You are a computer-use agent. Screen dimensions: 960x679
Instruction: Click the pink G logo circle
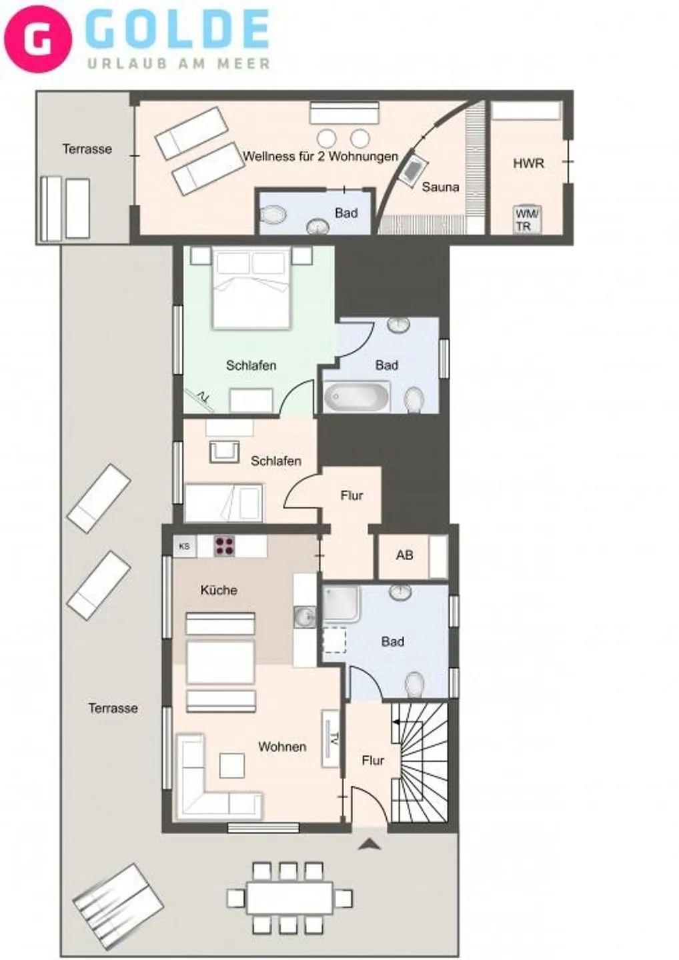click(x=37, y=39)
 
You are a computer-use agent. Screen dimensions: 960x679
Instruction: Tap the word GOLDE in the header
click(x=177, y=31)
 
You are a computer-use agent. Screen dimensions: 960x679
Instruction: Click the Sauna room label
click(x=440, y=187)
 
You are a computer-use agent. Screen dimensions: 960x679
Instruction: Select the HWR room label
click(x=528, y=163)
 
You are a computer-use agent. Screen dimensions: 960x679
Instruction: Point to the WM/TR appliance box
click(x=526, y=219)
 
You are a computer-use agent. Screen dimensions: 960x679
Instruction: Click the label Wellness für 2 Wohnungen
click(x=320, y=157)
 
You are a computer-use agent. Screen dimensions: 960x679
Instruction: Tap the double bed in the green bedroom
click(x=252, y=288)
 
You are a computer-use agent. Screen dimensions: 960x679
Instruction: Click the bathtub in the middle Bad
click(x=356, y=397)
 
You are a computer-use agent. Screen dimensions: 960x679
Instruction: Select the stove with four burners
click(x=225, y=546)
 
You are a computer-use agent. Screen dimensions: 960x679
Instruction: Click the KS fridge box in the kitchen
click(x=185, y=546)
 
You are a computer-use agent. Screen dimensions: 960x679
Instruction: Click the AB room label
click(x=404, y=555)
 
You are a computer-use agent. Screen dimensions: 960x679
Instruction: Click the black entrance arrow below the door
click(x=369, y=845)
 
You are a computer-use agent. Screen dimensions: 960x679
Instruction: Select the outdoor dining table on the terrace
click(x=289, y=897)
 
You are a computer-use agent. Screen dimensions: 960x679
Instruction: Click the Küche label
click(x=219, y=590)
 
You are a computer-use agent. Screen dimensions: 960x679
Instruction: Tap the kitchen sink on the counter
click(x=305, y=617)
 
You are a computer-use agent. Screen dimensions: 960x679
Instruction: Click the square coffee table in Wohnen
click(x=231, y=765)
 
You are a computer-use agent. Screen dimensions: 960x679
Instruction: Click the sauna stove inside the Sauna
click(x=414, y=169)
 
